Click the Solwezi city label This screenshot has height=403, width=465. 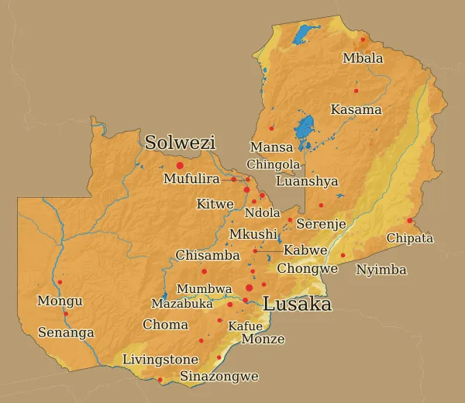pyautogui.click(x=180, y=143)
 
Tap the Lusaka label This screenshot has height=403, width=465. pyautogui.click(x=297, y=304)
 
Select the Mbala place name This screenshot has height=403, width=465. pyautogui.click(x=363, y=58)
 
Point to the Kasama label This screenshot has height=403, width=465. pyautogui.click(x=356, y=109)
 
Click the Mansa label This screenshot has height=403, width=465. pyautogui.click(x=271, y=146)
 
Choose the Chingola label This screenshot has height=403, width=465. pyautogui.click(x=273, y=164)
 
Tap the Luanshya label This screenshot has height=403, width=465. pyautogui.click(x=307, y=181)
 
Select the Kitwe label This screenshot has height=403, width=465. pyautogui.click(x=215, y=204)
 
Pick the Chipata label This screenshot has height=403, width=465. pyautogui.click(x=409, y=238)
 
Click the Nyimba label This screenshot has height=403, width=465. pyautogui.click(x=381, y=270)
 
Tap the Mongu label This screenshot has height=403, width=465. pyautogui.click(x=60, y=301)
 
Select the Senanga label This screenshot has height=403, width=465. pyautogui.click(x=66, y=332)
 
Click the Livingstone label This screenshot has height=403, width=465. pyautogui.click(x=160, y=360)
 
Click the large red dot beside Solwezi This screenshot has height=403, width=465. pyautogui.click(x=180, y=165)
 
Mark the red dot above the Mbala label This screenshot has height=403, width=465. pyautogui.click(x=363, y=40)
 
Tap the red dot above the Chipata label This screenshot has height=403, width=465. pyautogui.click(x=409, y=221)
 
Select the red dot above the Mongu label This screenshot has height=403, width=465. pyautogui.click(x=60, y=282)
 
